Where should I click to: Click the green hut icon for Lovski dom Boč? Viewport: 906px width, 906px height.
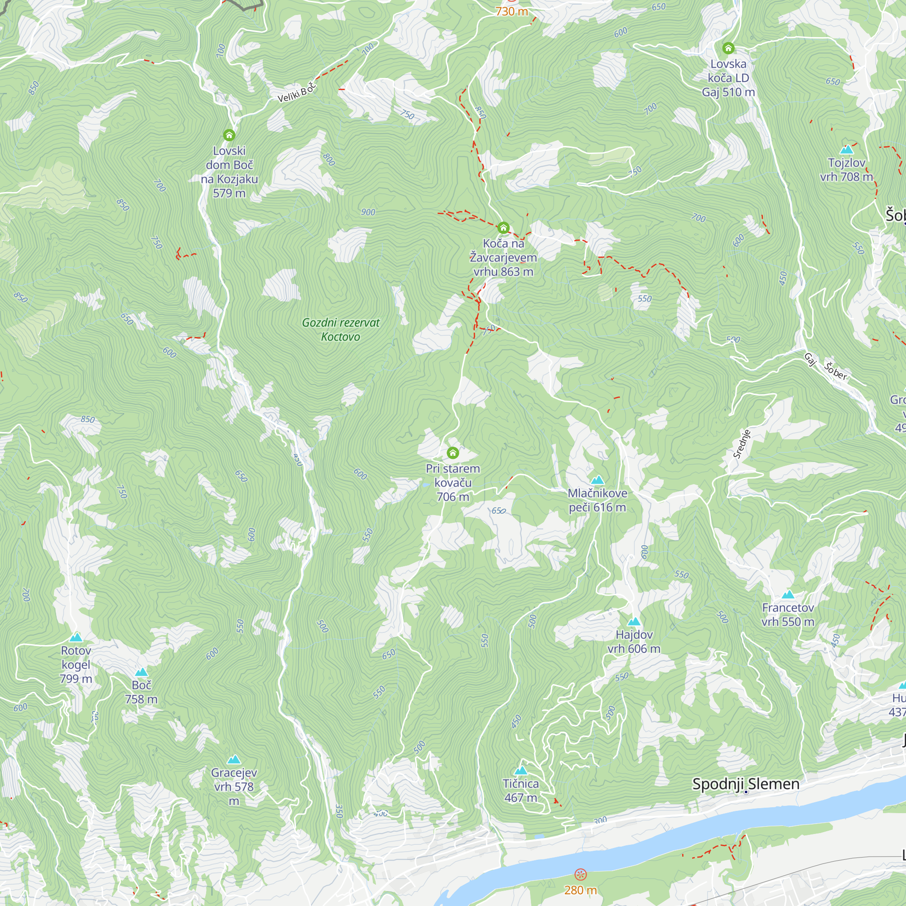pyautogui.click(x=229, y=135)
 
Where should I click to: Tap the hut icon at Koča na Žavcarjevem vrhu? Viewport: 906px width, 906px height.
pyautogui.click(x=503, y=228)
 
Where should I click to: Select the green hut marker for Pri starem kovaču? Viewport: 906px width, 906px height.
pyautogui.click(x=453, y=453)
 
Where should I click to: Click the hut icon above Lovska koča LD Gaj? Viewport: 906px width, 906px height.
pyautogui.click(x=728, y=48)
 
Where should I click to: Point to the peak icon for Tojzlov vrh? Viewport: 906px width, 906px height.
pyautogui.click(x=847, y=149)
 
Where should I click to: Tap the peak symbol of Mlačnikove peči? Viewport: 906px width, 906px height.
pyautogui.click(x=597, y=480)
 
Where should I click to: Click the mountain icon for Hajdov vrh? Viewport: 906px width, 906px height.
pyautogui.click(x=634, y=622)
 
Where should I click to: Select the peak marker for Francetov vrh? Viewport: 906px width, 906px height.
pyautogui.click(x=788, y=595)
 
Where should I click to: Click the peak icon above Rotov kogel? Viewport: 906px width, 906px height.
pyautogui.click(x=76, y=637)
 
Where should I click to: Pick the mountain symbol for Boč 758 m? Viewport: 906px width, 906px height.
pyautogui.click(x=141, y=672)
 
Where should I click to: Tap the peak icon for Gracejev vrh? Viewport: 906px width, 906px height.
pyautogui.click(x=234, y=759)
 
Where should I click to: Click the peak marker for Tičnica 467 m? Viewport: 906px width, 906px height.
pyautogui.click(x=520, y=771)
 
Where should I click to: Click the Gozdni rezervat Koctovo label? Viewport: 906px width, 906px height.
pyautogui.click(x=341, y=330)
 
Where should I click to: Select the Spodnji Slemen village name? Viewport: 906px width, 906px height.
pyautogui.click(x=746, y=784)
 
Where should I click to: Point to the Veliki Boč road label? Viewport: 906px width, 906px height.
pyautogui.click(x=296, y=92)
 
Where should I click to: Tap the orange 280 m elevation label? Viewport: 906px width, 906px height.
pyautogui.click(x=580, y=890)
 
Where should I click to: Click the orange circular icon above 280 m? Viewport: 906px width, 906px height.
pyautogui.click(x=580, y=875)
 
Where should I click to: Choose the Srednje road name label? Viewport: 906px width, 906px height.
pyautogui.click(x=742, y=443)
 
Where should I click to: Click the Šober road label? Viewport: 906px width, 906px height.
pyautogui.click(x=836, y=371)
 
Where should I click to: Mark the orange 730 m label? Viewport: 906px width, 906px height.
pyautogui.click(x=511, y=11)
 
